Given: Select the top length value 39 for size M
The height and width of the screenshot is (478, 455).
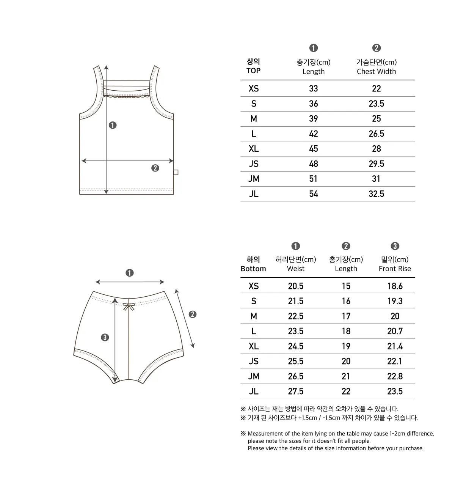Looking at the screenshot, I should click(313, 119).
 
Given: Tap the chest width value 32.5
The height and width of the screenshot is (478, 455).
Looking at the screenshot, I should click(376, 194).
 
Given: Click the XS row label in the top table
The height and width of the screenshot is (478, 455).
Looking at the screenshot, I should click(254, 89).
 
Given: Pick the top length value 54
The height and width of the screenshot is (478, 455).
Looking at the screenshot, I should click(313, 194).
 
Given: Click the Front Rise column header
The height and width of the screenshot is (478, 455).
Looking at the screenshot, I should click(395, 269).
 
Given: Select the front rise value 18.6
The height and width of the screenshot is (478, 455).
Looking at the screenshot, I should click(395, 286).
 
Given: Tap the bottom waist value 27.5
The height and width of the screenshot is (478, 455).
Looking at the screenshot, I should click(295, 391).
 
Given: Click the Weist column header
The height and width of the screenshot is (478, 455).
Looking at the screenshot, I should click(295, 269).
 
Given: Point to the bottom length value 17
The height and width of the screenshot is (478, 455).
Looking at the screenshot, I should click(346, 316).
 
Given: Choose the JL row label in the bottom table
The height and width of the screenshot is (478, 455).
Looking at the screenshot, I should click(254, 391).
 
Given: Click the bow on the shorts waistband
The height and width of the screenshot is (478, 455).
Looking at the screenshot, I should click(129, 306).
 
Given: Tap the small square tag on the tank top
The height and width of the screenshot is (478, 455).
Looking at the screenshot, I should click(176, 173).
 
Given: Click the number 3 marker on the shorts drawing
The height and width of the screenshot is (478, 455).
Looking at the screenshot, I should click(105, 337).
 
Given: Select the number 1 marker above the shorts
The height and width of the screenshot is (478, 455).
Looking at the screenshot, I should click(130, 273).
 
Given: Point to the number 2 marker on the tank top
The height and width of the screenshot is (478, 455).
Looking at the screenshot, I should click(155, 168).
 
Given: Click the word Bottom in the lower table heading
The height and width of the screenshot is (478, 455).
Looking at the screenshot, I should click(253, 269).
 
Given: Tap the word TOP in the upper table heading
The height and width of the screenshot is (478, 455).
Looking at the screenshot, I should click(253, 71).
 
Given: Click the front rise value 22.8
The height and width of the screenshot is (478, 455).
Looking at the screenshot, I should click(395, 376).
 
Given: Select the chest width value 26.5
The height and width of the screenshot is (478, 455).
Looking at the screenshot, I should click(376, 134).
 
